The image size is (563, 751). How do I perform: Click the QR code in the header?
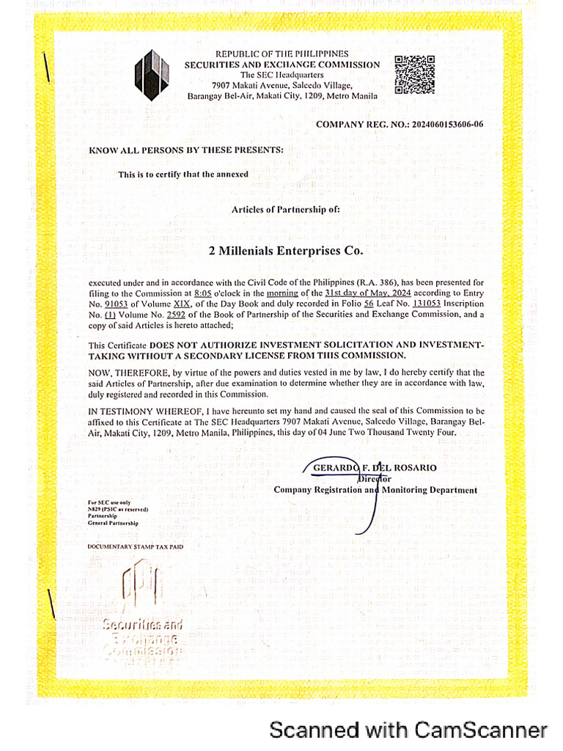click(415, 76)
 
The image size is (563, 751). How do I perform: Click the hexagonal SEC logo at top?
click(152, 75)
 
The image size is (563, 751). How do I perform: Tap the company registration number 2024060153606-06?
click(440, 125)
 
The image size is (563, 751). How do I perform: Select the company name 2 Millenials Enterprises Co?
click(286, 251)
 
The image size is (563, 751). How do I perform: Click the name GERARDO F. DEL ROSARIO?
click(375, 468)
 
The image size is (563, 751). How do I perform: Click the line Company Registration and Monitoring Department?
click(375, 490)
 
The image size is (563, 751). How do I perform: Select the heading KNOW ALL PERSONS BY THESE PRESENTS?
click(186, 150)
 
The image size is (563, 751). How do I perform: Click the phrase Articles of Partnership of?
click(286, 209)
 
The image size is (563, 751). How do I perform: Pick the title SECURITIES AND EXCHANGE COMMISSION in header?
click(282, 65)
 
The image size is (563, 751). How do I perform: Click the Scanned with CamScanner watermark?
click(408, 730)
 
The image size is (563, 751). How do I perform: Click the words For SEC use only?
click(109, 502)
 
